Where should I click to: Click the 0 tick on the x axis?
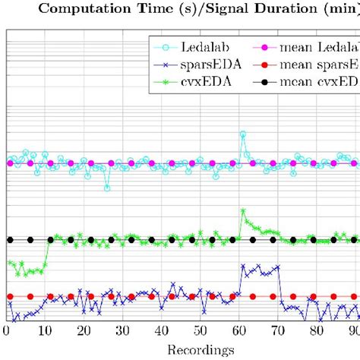(7, 331)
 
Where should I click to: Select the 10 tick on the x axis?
(45, 331)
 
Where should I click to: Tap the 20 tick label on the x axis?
(84, 331)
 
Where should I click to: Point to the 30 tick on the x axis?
(123, 331)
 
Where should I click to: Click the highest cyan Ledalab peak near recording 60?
(242, 134)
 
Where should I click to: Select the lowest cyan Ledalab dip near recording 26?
(107, 188)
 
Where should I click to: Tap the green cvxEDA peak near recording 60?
(242, 211)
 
